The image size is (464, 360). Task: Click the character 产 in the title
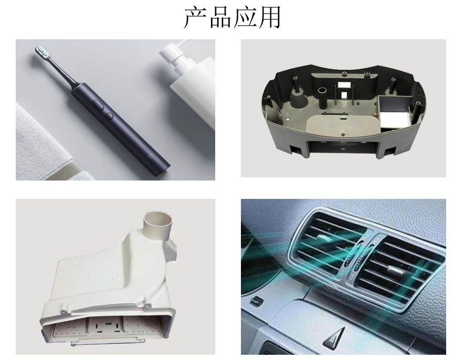pyautogui.click(x=195, y=18)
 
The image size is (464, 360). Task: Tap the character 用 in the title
pyautogui.click(x=269, y=18)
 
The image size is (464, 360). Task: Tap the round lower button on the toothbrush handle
pyautogui.click(x=109, y=116)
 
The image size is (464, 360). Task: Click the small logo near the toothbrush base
pyautogui.click(x=150, y=155)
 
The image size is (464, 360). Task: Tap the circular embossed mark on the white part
pyautogui.click(x=117, y=278)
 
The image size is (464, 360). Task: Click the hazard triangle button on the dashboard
pyautogui.click(x=334, y=338)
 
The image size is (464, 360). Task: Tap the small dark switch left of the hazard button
pyautogui.click(x=256, y=302)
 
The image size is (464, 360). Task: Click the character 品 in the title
pyautogui.click(x=220, y=18)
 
